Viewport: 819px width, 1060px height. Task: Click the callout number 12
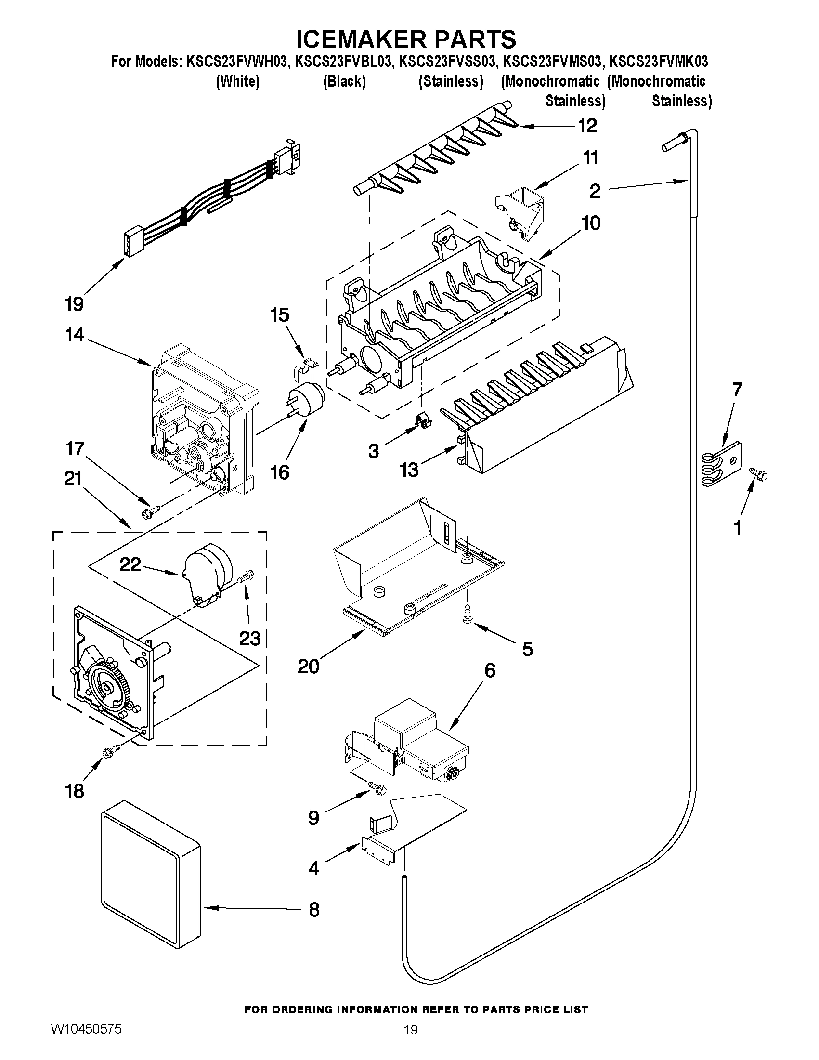click(587, 126)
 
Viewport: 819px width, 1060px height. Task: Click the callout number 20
click(309, 667)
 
